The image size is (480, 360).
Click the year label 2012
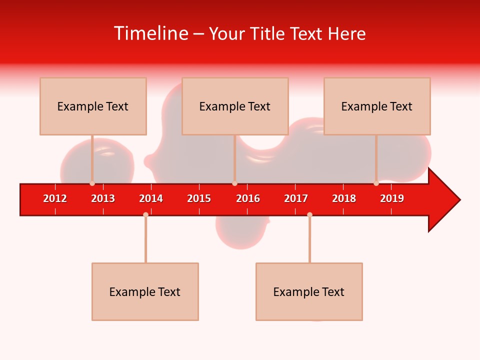55,198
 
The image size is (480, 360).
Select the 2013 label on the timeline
103,198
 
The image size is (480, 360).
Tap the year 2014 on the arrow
151,198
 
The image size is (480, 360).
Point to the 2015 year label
199,198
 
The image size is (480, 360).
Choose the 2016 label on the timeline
248,198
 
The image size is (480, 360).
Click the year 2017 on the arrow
296,198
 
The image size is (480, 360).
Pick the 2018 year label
344,198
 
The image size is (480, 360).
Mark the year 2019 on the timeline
392,198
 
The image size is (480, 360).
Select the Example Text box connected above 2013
93,106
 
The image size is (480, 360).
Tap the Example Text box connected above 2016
235,106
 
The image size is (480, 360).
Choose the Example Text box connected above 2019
377,106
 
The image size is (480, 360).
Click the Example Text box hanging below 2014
145,291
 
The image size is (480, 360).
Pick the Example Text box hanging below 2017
309,291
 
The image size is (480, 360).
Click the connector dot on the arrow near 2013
92,183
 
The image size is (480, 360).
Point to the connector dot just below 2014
145,214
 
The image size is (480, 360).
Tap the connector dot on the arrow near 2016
234,183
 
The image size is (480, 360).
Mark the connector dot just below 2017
309,214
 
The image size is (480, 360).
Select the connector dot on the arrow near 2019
376,183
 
